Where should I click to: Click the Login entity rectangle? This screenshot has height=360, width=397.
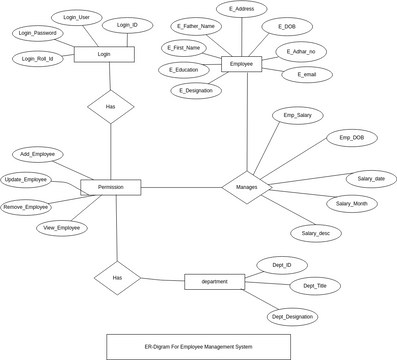104,54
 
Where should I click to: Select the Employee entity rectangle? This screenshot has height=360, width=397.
241,64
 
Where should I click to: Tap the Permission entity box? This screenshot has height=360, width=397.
110,187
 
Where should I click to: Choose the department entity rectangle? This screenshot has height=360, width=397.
214,281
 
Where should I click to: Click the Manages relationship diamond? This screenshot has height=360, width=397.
246,187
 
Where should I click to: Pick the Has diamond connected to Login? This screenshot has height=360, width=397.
110,106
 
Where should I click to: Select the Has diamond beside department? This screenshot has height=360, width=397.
117,277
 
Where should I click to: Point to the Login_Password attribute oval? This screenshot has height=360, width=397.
39,33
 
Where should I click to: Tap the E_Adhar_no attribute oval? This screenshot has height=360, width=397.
301,51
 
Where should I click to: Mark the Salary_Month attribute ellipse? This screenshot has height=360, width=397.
351,203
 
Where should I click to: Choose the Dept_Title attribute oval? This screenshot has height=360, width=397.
314,286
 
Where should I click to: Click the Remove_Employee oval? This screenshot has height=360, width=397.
26,207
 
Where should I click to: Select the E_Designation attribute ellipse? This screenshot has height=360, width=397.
196,91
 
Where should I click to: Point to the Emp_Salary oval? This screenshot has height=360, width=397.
297,116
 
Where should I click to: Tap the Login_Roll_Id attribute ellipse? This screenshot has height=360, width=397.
38,59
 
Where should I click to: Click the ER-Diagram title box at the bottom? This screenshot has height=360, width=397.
198,346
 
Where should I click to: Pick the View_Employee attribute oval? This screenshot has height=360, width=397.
62,228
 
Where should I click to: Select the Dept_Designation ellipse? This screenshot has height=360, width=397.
292,316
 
